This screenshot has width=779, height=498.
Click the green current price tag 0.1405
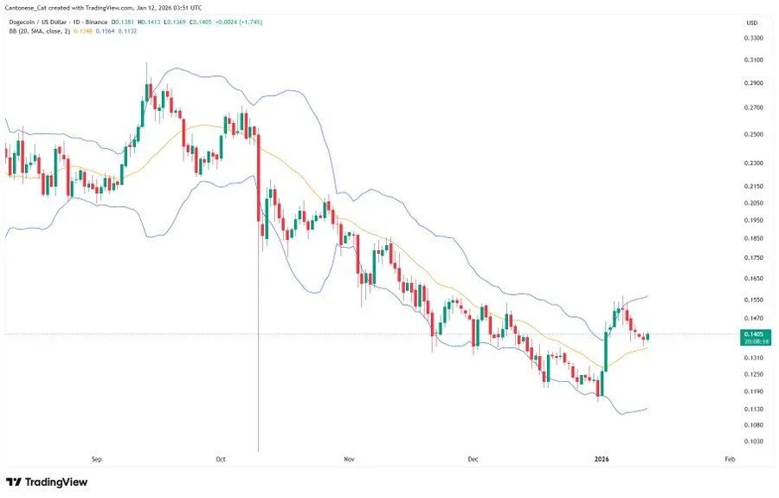(x=753, y=333)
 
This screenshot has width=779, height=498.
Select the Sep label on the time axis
(x=96, y=459)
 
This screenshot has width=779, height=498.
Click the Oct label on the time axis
(x=220, y=459)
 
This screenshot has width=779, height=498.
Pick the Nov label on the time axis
(x=348, y=459)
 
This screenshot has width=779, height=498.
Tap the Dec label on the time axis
(x=472, y=459)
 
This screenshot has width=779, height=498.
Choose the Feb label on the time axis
(x=729, y=459)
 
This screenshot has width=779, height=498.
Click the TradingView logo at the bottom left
(x=47, y=482)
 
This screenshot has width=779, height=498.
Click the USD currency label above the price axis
(x=752, y=23)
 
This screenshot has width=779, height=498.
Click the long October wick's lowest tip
(x=259, y=450)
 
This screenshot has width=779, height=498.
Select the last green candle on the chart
(x=648, y=337)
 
